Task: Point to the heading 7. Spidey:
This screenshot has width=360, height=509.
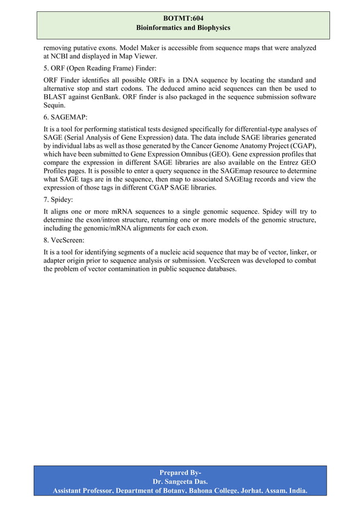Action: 62,200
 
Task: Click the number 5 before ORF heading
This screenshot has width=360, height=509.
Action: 46,68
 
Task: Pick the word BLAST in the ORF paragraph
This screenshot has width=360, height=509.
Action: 56,97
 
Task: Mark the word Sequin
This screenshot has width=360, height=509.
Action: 55,106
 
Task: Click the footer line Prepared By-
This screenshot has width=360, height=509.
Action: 180,472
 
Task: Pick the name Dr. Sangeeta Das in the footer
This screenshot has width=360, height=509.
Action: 179,481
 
